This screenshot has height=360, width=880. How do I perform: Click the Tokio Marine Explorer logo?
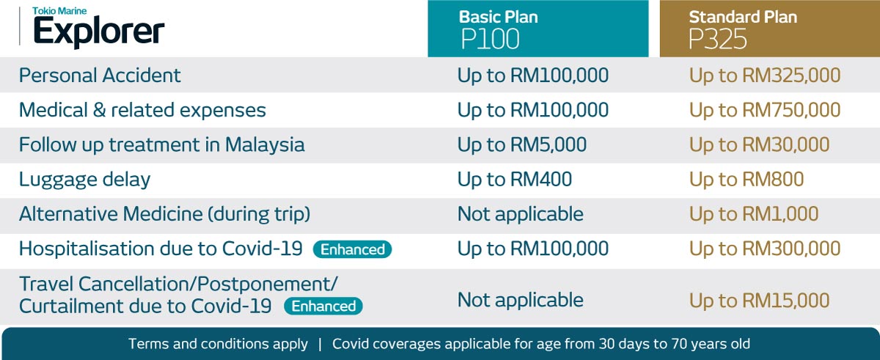98,26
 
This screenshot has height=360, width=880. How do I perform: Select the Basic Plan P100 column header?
538,29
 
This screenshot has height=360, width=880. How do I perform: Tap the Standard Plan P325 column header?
769,29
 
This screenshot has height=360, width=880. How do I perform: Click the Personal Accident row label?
100,75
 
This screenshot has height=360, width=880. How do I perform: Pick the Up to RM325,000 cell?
765,76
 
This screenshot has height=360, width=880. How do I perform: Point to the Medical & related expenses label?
142,110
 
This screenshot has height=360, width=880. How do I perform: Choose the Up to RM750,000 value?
765,110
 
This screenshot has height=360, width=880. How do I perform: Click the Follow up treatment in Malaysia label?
161,145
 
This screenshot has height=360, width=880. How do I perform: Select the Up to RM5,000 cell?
521,145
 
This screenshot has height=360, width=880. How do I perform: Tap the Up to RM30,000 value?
760,145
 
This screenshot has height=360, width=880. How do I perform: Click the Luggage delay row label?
84,180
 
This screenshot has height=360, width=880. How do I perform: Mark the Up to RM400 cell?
515,180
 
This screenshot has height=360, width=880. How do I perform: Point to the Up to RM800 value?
747,180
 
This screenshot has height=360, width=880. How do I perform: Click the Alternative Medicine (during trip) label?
164,214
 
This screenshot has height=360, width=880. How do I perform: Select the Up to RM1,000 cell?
754,214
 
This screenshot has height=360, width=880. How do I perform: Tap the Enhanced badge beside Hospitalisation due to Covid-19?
353,249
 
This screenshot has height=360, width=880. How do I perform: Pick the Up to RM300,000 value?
765,249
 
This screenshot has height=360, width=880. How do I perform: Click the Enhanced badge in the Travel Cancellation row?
323,306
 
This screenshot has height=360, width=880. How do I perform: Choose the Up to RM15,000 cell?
760,301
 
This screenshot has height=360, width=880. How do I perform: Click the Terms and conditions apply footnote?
218,344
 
